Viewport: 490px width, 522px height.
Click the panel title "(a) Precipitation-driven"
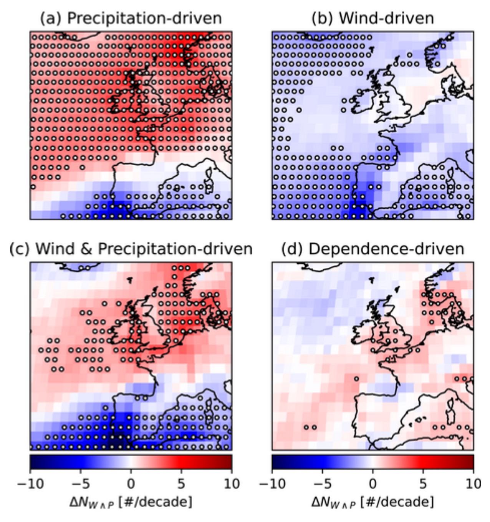coord(131,18)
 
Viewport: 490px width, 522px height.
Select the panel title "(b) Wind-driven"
coord(372,18)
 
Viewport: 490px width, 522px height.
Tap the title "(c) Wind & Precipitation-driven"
coord(131,249)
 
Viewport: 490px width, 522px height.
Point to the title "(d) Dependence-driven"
coord(372,249)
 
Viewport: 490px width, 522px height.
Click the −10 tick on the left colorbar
coord(30,483)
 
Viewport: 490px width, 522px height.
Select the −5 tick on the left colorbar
coord(81,483)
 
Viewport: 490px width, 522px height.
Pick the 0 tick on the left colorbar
coord(131,483)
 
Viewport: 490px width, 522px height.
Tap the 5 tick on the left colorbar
coord(181,483)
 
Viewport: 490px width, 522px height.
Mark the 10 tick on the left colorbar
coord(232,483)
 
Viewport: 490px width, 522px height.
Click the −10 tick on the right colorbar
coord(272,483)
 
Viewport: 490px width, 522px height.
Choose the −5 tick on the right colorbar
coord(323,483)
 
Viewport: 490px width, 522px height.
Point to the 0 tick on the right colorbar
coord(373,483)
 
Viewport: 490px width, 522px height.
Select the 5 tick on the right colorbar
coord(423,483)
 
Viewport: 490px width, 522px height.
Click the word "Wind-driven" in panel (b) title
coord(386,18)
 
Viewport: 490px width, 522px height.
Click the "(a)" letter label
coord(51,18)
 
